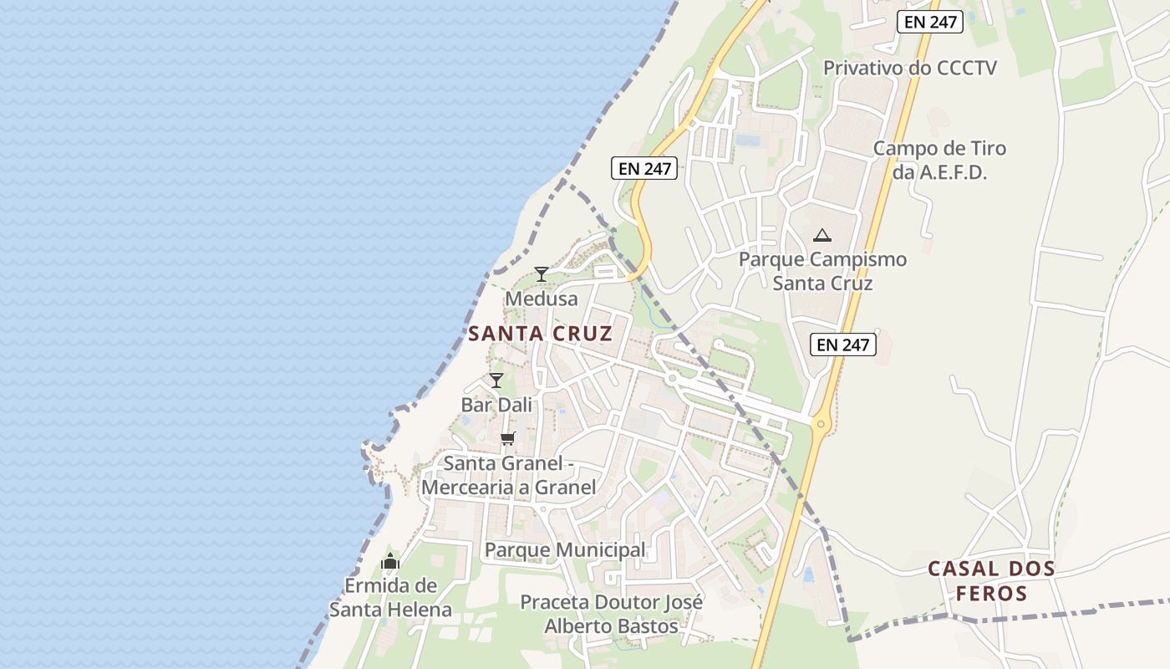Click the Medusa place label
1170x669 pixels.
coord(542,299)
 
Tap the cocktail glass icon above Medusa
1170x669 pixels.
coord(542,273)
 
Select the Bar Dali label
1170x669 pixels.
coord(496,405)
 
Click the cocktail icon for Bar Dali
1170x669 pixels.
coord(496,380)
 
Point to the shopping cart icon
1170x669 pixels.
coord(507,438)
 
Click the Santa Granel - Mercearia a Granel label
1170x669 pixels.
coord(509,475)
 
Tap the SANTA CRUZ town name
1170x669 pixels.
coord(540,334)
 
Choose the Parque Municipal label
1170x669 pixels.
coord(565,550)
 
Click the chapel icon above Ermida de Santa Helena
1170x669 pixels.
coord(390,561)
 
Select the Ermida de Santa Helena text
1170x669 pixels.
coord(390,597)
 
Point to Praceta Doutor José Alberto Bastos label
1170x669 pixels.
coord(612,614)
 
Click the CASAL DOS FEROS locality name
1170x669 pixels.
coord(991,581)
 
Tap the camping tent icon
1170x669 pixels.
coord(822,235)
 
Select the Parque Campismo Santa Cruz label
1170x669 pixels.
coord(822,271)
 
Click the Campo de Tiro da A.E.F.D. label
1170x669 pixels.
coord(940,161)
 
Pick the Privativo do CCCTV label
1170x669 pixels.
coord(910,68)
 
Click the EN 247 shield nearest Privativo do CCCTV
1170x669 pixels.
coord(930,22)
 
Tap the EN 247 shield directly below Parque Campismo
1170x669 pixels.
coord(843,344)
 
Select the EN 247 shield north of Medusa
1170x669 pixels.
coord(644,168)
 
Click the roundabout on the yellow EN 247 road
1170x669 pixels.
coord(821,424)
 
